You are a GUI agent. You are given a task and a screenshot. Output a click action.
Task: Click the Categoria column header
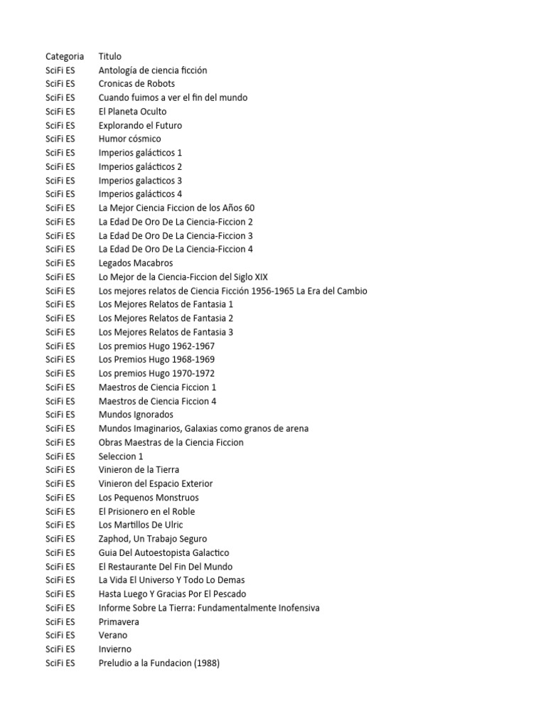click(x=65, y=56)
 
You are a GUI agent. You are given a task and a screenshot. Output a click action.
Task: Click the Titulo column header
click(x=110, y=56)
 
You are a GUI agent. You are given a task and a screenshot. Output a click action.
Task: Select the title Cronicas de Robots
click(x=136, y=84)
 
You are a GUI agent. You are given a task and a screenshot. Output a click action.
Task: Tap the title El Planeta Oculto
click(x=133, y=112)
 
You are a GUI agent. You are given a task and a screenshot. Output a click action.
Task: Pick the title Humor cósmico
click(x=129, y=139)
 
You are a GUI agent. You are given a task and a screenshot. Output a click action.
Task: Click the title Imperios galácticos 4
click(x=140, y=194)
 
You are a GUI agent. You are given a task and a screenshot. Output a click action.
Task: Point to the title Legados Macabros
click(x=136, y=263)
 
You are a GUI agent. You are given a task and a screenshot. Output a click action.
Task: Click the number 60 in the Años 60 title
click(x=249, y=208)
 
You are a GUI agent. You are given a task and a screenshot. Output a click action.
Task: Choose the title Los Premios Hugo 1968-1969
click(x=156, y=360)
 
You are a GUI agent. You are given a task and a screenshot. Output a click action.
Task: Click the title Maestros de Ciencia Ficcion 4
click(x=157, y=401)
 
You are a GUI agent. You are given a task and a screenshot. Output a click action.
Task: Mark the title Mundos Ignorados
click(x=136, y=414)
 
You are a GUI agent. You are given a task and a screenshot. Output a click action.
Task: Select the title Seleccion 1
click(x=121, y=456)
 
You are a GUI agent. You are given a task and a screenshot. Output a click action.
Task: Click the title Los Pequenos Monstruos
click(x=149, y=498)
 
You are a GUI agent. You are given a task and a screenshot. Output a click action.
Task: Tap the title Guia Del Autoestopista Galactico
click(x=164, y=552)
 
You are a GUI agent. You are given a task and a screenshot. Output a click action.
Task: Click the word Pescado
click(x=228, y=594)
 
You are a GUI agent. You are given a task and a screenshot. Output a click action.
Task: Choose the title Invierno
click(x=115, y=649)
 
